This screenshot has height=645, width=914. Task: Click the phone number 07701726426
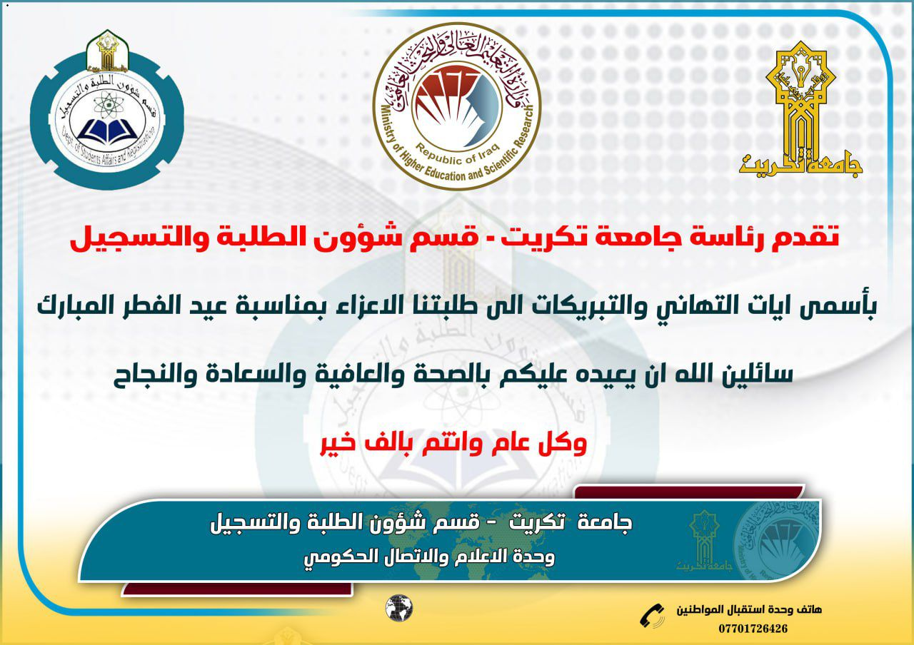(753, 629)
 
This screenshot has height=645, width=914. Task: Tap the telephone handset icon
(652, 616)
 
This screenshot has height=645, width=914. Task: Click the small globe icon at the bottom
(399, 608)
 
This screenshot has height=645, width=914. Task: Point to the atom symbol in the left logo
(107, 104)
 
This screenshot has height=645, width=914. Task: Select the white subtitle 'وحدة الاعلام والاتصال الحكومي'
(429, 557)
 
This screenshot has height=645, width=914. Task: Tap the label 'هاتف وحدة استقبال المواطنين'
(749, 610)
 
